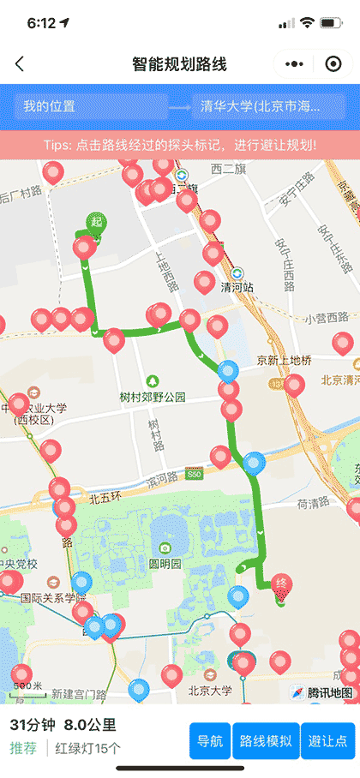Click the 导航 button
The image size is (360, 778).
[x=210, y=741]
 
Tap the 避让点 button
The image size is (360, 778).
[x=330, y=741]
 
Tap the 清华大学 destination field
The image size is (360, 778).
[x=267, y=107]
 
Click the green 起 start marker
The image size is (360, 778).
[x=96, y=223]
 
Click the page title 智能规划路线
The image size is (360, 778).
[x=180, y=64]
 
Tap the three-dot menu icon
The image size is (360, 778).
[x=294, y=64]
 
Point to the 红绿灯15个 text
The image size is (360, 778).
[x=88, y=748]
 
